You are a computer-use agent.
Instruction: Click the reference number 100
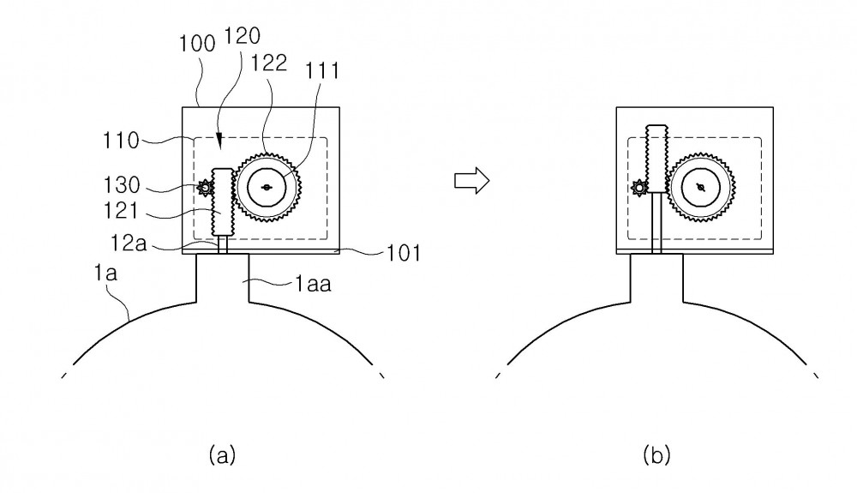point(197,44)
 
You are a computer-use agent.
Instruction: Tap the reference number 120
point(242,36)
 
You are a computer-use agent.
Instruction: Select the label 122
point(268,63)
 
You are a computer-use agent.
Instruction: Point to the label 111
point(322,71)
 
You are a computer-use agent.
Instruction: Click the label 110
point(121,141)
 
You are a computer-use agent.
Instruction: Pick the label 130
point(122,185)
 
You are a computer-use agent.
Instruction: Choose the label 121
point(121,210)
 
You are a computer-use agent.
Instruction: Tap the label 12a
point(129,243)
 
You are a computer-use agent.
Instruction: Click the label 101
point(404,253)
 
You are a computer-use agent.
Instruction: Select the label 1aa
point(313,284)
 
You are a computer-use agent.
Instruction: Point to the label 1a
point(105,272)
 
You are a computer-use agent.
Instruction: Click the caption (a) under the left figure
point(222,454)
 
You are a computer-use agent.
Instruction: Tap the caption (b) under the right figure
point(656,454)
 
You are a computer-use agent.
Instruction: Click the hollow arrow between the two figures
point(471,180)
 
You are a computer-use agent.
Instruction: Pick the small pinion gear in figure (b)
point(639,188)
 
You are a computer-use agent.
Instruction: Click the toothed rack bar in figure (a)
point(223,201)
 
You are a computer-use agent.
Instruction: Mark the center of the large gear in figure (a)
point(267,188)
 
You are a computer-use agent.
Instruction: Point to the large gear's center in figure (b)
point(701,188)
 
